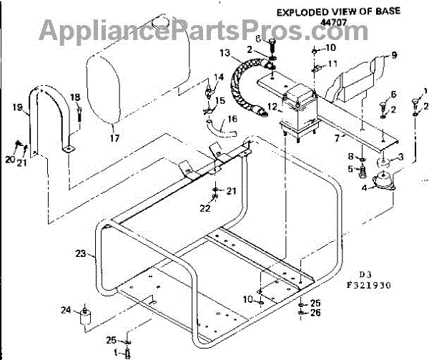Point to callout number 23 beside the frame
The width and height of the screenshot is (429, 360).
click(x=80, y=253)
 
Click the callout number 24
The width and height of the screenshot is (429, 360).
click(x=66, y=310)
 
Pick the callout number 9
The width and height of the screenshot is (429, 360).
click(x=393, y=54)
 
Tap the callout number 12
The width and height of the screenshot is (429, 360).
click(x=271, y=107)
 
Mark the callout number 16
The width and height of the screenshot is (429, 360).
click(x=232, y=119)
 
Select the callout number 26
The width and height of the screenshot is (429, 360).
click(x=316, y=312)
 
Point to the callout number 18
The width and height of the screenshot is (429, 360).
click(x=75, y=97)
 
